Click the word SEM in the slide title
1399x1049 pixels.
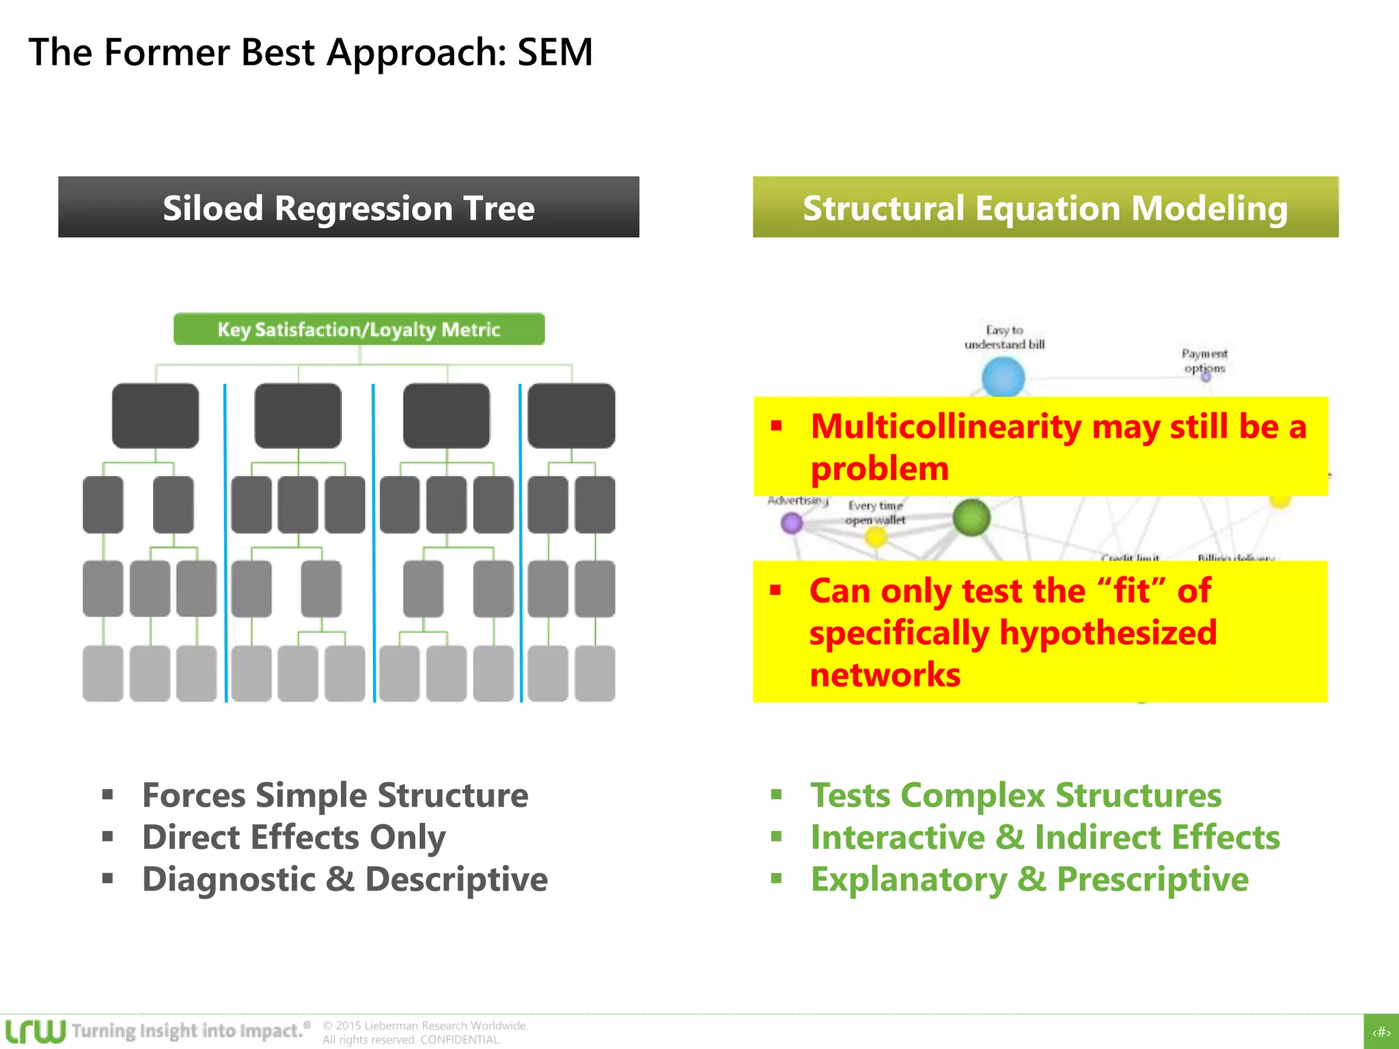[555, 53]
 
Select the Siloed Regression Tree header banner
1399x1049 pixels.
[348, 208]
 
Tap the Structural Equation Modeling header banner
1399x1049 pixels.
[1045, 208]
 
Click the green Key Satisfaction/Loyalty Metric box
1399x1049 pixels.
[359, 329]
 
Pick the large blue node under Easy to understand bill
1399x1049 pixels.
[1003, 378]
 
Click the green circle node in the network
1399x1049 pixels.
[971, 518]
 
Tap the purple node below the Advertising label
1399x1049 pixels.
[791, 523]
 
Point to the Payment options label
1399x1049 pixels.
[1204, 361]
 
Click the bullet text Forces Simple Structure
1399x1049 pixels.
[335, 796]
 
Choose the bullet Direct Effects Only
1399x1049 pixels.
[294, 837]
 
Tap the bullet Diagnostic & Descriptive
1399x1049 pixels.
[344, 880]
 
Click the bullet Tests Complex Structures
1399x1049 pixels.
[1016, 796]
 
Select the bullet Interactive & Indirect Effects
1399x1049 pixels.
[1045, 837]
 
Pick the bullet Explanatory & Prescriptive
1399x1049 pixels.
[1029, 880]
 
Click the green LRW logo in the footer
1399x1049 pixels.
[36, 1031]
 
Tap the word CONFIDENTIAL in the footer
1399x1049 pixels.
[460, 1039]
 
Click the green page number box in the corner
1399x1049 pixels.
[1381, 1032]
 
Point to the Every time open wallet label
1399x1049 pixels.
[876, 513]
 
